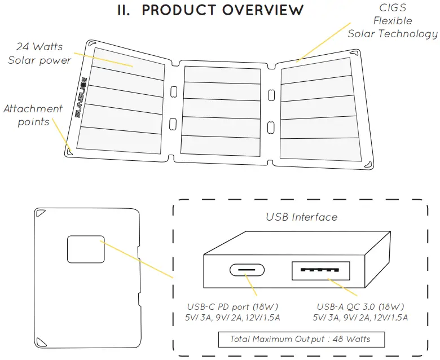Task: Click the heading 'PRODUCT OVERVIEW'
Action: pyautogui.click(x=222, y=10)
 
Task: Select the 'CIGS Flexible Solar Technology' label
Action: pyautogui.click(x=392, y=21)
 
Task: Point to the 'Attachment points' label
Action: pyautogui.click(x=33, y=115)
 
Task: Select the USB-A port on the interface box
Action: pyautogui.click(x=320, y=270)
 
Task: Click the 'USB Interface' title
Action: pyautogui.click(x=301, y=217)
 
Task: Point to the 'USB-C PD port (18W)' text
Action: pyautogui.click(x=233, y=307)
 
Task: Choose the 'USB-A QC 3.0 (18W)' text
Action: pyautogui.click(x=360, y=307)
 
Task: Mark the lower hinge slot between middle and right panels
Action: pyautogui.click(x=271, y=126)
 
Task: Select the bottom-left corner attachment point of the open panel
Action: pyautogui.click(x=69, y=150)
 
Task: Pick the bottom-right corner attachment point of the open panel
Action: pyautogui.click(x=368, y=164)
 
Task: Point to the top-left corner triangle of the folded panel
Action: pyautogui.click(x=41, y=214)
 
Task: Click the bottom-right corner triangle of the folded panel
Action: pyautogui.click(x=133, y=340)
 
